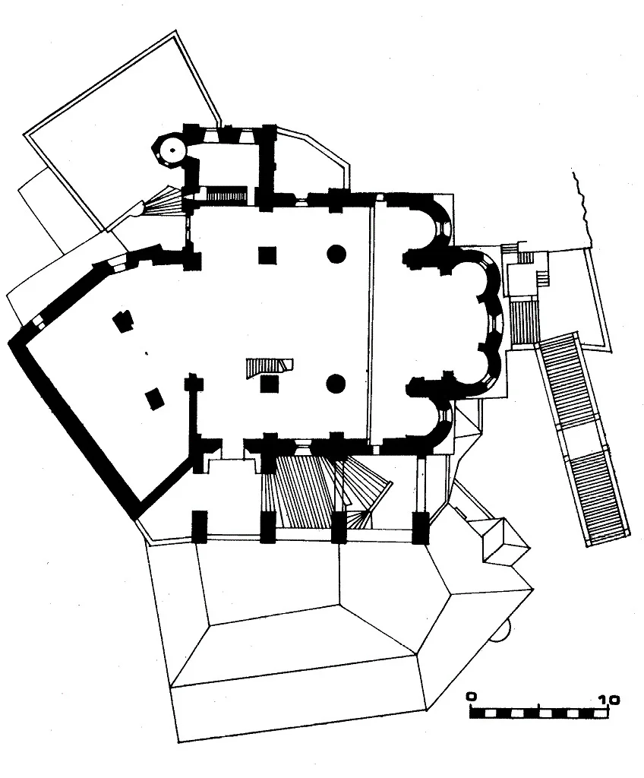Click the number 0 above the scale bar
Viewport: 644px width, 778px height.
(x=472, y=696)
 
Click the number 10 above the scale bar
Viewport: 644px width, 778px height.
(x=609, y=700)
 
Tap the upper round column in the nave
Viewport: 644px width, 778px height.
(x=336, y=254)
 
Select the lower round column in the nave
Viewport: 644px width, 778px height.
(x=336, y=383)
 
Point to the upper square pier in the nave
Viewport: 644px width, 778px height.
(x=267, y=255)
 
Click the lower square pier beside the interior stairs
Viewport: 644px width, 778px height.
(x=270, y=384)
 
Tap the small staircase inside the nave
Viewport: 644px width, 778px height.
(x=269, y=368)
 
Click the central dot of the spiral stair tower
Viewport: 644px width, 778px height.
(x=172, y=150)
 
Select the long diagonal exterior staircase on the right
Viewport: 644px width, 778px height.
(x=582, y=439)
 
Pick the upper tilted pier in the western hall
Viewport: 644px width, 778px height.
(x=123, y=321)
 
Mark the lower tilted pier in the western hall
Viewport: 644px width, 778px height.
(x=155, y=399)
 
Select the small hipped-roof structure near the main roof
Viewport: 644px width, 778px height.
(x=506, y=542)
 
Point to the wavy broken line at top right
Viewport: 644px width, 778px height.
(x=582, y=208)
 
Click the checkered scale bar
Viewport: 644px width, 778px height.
(x=539, y=713)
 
